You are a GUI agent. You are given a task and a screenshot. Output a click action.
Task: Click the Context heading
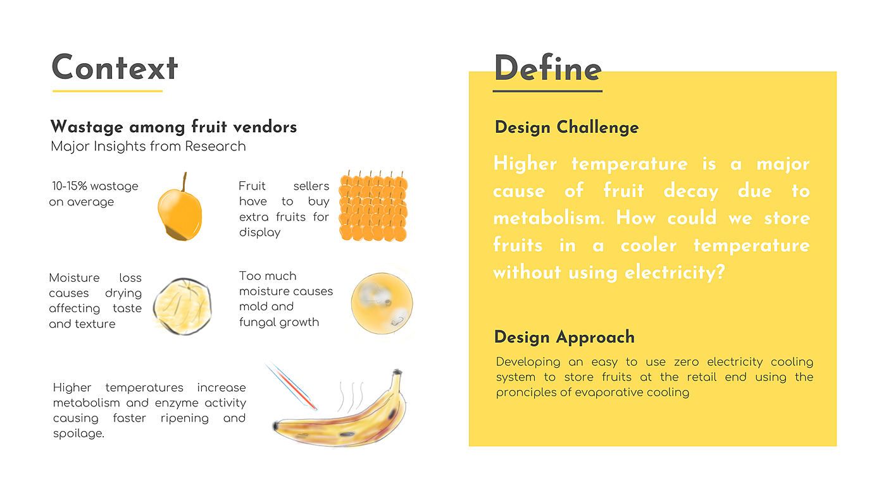[115, 68]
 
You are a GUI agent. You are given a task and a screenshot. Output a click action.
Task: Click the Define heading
[548, 69]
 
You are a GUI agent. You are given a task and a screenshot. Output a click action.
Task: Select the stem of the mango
[184, 181]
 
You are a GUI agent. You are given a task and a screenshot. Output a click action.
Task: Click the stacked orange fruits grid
[373, 206]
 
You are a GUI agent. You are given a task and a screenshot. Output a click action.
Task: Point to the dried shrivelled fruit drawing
[182, 307]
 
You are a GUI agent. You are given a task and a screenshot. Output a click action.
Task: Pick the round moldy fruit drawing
[382, 303]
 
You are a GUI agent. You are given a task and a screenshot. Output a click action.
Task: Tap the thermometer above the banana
[290, 385]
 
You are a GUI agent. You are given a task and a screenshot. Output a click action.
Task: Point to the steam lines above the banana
[351, 396]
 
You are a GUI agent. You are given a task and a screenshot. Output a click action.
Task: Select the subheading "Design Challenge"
[566, 127]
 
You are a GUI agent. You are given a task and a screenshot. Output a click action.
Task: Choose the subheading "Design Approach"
[565, 337]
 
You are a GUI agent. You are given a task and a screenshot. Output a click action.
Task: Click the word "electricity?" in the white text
[675, 272]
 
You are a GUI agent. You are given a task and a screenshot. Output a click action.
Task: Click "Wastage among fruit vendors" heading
[173, 127]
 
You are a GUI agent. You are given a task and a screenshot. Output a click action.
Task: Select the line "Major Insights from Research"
[148, 146]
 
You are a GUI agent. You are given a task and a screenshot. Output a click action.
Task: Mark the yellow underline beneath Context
[108, 91]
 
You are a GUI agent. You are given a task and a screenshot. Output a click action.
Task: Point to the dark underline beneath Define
[547, 91]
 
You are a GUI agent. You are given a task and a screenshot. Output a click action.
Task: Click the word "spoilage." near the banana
[78, 434]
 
